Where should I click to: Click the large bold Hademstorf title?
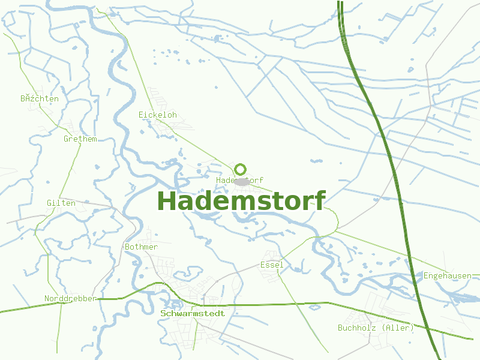click(x=241, y=201)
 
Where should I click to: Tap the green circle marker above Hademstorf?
click(x=241, y=169)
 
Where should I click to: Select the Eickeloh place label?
click(x=158, y=115)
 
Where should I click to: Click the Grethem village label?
click(x=80, y=139)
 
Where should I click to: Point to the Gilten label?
click(x=61, y=203)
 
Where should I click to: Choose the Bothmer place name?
click(x=142, y=247)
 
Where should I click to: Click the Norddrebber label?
click(x=70, y=298)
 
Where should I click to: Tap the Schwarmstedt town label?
click(x=193, y=313)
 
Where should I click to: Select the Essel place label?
click(x=271, y=265)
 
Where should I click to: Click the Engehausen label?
click(x=448, y=275)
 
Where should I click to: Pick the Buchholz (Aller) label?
click(x=376, y=328)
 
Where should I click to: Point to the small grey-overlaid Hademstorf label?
click(x=239, y=180)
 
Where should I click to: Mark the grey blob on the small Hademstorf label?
click(x=242, y=181)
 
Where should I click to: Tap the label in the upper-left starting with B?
click(x=40, y=98)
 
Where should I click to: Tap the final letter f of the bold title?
click(x=319, y=201)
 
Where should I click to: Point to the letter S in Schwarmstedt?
click(x=163, y=313)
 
